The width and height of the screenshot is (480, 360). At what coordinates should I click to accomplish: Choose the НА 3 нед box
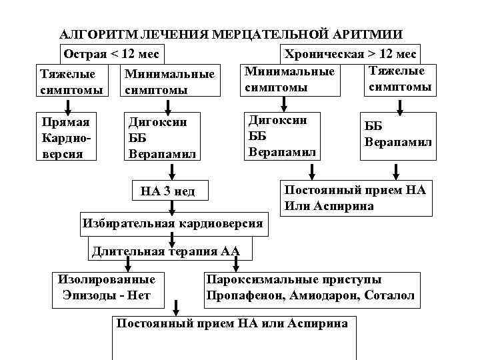[168, 192]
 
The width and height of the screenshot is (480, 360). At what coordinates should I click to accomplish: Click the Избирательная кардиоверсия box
[173, 223]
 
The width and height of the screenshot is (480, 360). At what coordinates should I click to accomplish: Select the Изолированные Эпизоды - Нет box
[107, 288]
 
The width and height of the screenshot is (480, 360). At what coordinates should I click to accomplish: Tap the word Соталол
[389, 295]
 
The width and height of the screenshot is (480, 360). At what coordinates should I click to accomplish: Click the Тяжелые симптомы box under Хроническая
[399, 79]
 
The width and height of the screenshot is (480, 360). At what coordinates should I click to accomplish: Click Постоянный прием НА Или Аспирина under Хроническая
[354, 197]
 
